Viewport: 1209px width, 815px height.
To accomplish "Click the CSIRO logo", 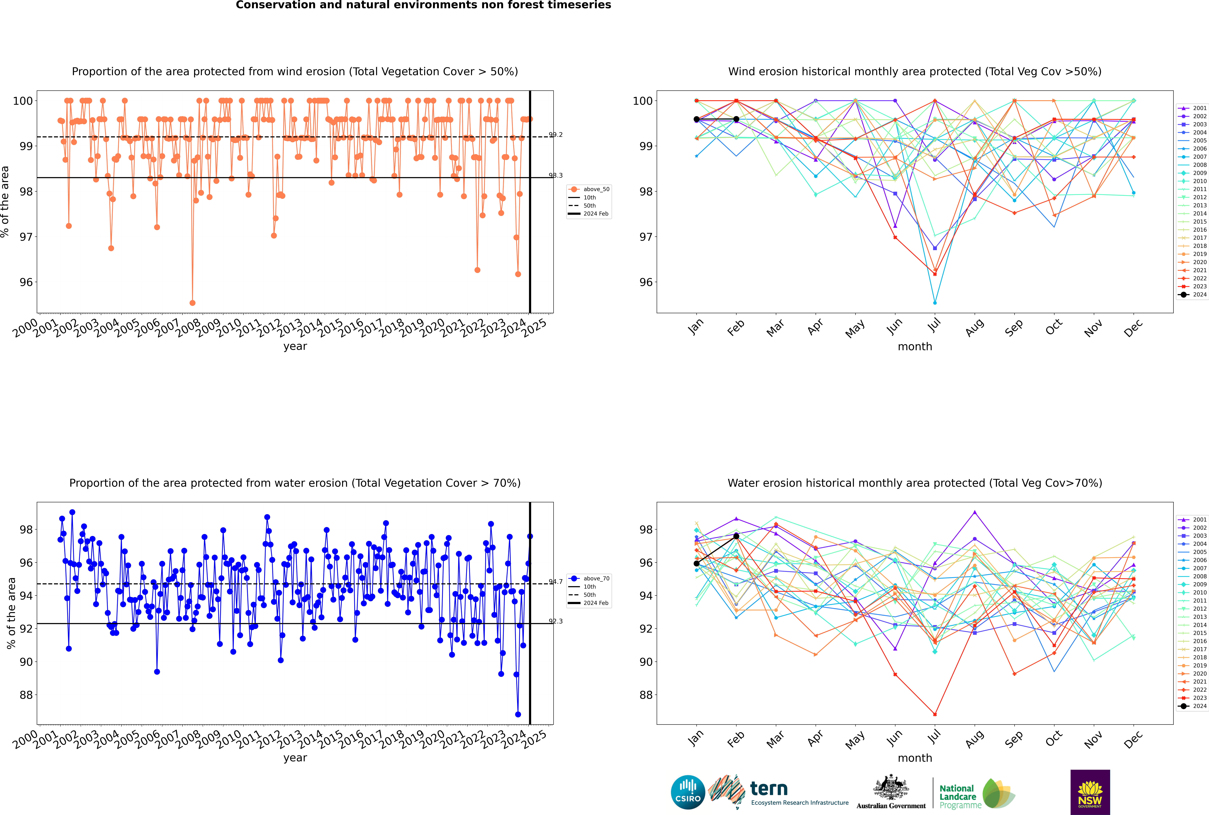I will (688, 793).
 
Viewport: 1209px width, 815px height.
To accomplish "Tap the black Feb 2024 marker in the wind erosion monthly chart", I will (736, 120).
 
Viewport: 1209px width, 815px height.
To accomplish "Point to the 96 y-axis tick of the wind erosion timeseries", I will (26, 282).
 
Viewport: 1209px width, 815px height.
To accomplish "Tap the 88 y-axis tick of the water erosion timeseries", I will (26, 695).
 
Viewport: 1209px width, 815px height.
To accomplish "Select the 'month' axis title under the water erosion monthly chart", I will (915, 758).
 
